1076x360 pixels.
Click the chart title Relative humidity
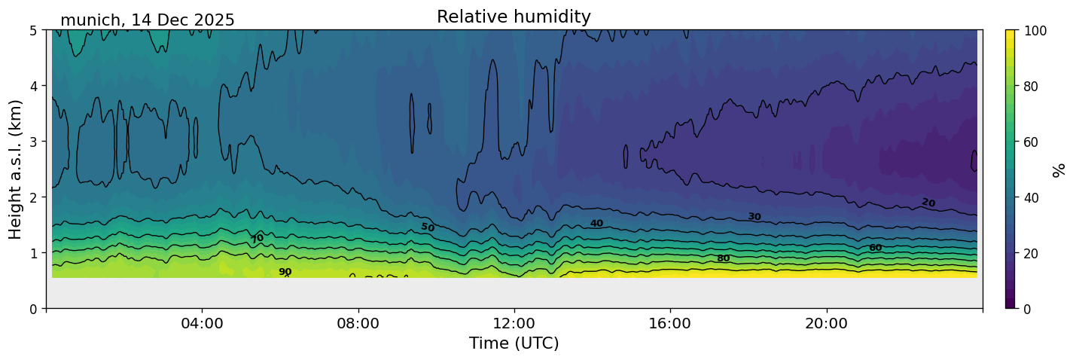click(514, 17)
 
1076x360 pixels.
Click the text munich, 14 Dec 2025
click(148, 20)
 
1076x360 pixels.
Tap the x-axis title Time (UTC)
click(514, 343)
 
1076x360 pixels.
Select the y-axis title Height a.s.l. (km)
click(16, 169)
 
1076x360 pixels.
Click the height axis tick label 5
click(35, 30)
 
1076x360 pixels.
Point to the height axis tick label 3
click(35, 142)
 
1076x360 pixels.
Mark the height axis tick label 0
click(35, 309)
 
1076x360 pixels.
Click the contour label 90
click(285, 272)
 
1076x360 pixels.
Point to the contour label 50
click(428, 227)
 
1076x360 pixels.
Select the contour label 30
click(754, 217)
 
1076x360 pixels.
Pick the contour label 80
click(723, 258)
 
